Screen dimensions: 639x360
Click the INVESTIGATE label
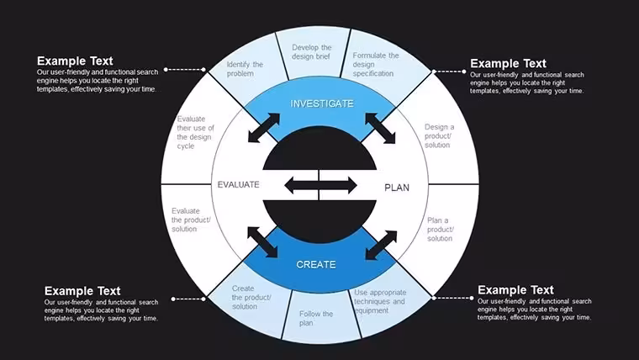point(322,103)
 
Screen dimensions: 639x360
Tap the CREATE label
point(316,265)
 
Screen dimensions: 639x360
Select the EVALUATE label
point(239,185)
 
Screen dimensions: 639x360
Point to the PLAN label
point(397,188)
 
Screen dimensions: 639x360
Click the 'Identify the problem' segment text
point(245,69)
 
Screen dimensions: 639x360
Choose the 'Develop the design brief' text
point(311,52)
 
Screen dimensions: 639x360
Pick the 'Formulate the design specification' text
point(375,65)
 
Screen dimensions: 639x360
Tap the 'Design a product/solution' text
point(439,135)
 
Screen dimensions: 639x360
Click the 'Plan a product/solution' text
point(440,229)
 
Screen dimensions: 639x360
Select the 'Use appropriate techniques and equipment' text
point(380,302)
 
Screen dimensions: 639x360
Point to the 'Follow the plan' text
point(316,319)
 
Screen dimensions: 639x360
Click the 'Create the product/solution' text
point(251,297)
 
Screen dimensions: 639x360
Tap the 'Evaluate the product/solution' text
point(191,220)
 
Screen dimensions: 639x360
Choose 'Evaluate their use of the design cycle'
point(195,133)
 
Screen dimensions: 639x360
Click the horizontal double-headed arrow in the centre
point(320,186)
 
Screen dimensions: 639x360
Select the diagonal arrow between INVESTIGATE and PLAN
point(380,129)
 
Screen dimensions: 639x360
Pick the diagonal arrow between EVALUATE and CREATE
point(262,242)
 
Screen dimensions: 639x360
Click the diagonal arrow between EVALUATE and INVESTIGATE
point(264,128)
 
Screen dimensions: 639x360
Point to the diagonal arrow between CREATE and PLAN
point(381,246)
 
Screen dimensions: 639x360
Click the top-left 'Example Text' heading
point(75,61)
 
